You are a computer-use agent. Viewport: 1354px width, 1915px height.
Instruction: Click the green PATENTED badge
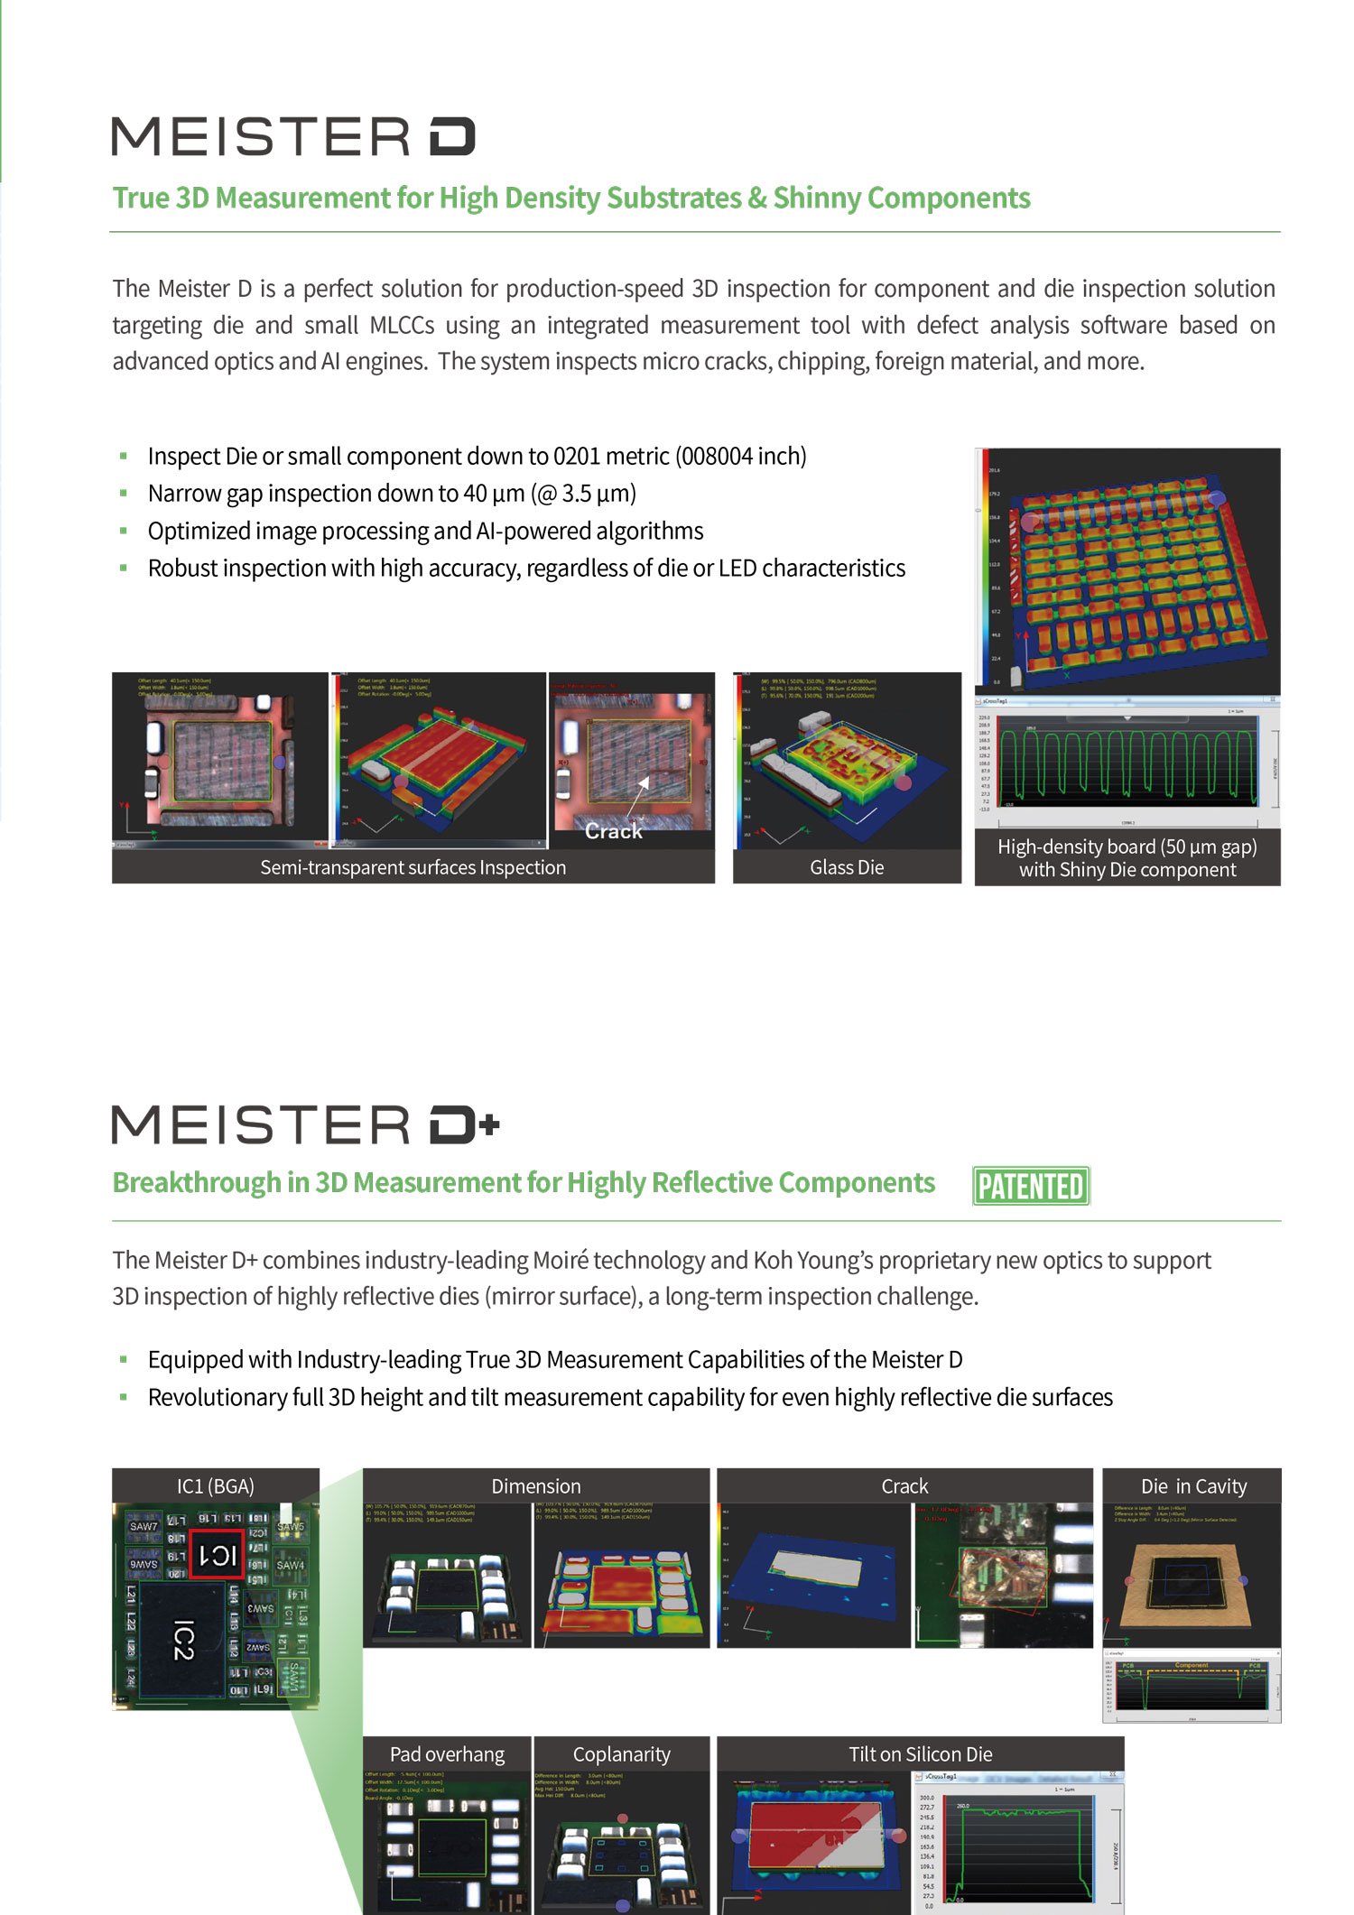pyautogui.click(x=1031, y=1186)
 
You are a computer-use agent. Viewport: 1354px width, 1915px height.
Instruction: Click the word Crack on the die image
pyautogui.click(x=614, y=831)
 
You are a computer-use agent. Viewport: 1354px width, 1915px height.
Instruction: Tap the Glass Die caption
pyautogui.click(x=847, y=867)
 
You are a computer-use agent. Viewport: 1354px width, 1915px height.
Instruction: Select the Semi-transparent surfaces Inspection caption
pyautogui.click(x=413, y=867)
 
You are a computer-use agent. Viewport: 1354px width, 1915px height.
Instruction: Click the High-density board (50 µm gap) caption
pyautogui.click(x=1127, y=847)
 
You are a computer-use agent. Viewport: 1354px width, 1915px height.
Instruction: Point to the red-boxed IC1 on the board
pyautogui.click(x=218, y=1554)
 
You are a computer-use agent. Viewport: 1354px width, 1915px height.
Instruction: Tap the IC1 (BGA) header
pyautogui.click(x=216, y=1486)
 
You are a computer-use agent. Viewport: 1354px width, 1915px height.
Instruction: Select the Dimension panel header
pyautogui.click(x=536, y=1486)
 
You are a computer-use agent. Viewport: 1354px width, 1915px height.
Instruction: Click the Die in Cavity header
pyautogui.click(x=1193, y=1486)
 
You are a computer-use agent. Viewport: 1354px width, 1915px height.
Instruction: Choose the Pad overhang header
pyautogui.click(x=447, y=1754)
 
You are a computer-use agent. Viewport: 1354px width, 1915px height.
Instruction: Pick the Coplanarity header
pyautogui.click(x=622, y=1754)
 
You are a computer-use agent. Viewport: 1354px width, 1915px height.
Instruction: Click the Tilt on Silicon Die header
pyautogui.click(x=920, y=1754)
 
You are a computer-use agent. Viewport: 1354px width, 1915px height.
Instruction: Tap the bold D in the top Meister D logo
pyautogui.click(x=451, y=136)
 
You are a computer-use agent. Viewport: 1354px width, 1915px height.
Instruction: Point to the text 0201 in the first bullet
pyautogui.click(x=577, y=457)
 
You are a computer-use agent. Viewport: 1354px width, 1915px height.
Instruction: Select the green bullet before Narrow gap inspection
pyautogui.click(x=124, y=494)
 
